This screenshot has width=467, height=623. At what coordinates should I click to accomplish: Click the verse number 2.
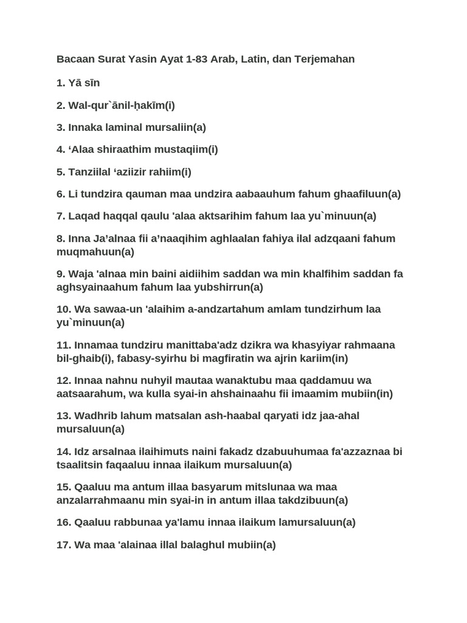pos(60,105)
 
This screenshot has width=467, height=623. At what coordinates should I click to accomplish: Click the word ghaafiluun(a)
pos(367,194)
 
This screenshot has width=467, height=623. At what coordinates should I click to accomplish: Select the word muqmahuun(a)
pos(95,252)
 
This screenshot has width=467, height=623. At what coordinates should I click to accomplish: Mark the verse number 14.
pos(63,451)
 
